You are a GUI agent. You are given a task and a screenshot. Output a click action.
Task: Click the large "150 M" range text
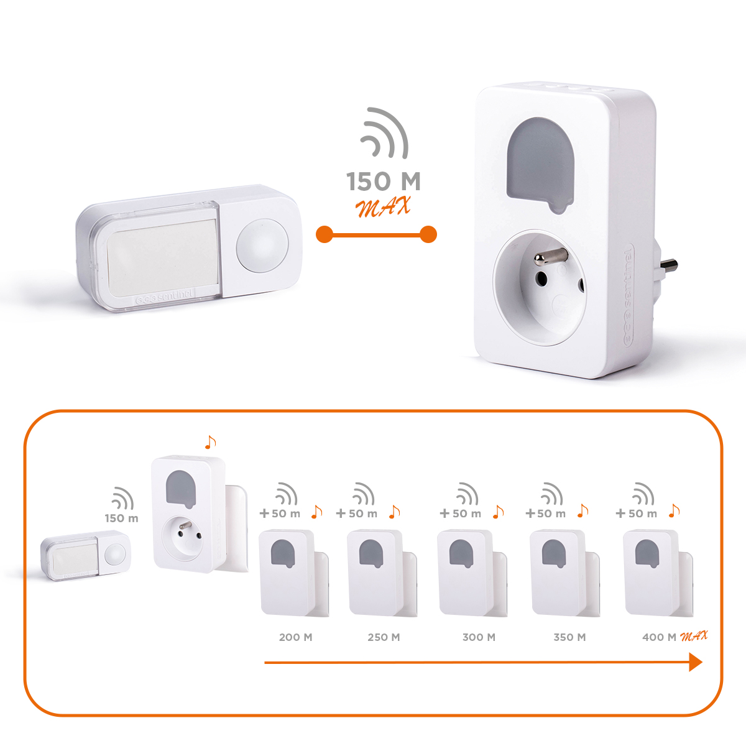[384, 181]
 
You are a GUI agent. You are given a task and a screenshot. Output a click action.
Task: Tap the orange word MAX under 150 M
[383, 206]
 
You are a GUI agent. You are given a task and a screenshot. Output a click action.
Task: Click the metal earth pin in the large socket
[551, 257]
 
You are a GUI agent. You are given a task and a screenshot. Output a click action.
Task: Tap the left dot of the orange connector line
[325, 234]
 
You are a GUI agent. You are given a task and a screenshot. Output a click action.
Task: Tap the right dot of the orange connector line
[428, 234]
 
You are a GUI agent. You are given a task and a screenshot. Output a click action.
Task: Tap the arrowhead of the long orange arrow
[696, 662]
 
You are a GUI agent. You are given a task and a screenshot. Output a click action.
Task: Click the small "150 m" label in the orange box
[122, 518]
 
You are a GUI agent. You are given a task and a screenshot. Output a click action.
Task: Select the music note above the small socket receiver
[210, 442]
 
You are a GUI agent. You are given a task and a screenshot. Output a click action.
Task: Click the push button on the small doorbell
[115, 555]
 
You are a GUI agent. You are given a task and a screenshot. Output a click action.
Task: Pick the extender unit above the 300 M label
[472, 572]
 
